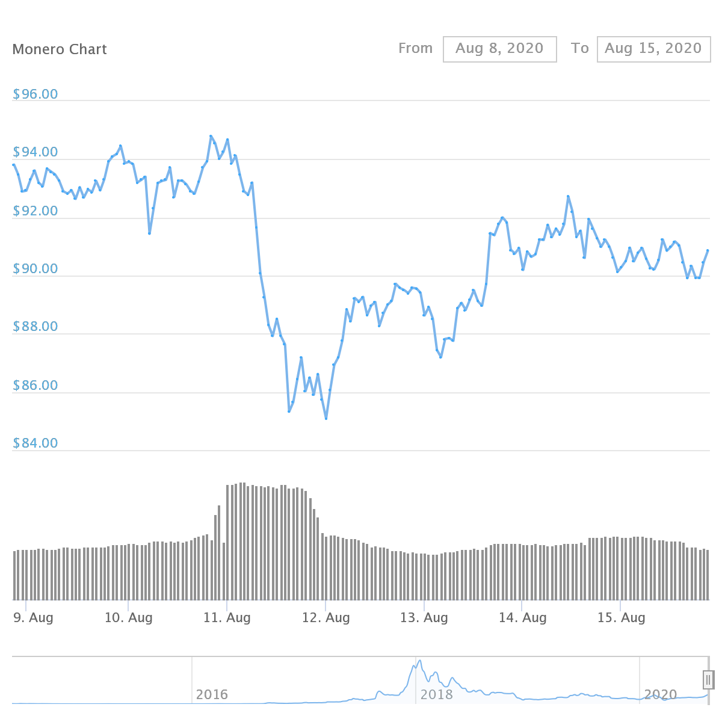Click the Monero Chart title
[60, 49]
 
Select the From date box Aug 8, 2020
[499, 49]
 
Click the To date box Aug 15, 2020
[653, 49]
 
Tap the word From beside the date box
[415, 48]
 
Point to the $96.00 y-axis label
[35, 94]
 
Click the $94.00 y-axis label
[35, 152]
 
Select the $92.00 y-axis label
[35, 211]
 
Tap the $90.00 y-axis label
[35, 269]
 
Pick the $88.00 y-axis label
[35, 327]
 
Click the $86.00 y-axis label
[35, 386]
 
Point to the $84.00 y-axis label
[35, 443]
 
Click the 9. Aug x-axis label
[33, 618]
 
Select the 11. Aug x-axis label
[227, 618]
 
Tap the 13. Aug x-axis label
[424, 618]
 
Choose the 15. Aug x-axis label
[621, 618]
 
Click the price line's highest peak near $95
[211, 137]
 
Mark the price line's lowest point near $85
[326, 418]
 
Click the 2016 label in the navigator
[212, 695]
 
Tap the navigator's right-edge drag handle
[708, 680]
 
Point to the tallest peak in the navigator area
[419, 661]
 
